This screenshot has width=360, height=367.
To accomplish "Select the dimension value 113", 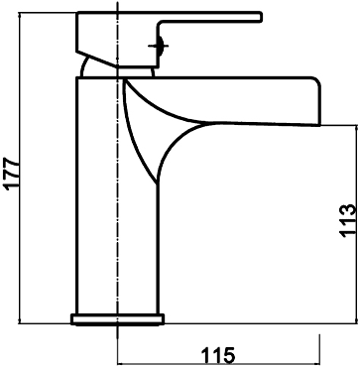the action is click(347, 221).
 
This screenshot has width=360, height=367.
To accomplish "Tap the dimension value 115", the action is click(218, 356).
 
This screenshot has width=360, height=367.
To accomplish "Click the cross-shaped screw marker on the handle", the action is click(159, 46).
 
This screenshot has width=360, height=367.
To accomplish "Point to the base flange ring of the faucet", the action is click(118, 319).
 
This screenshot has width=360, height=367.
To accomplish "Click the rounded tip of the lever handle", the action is click(261, 17).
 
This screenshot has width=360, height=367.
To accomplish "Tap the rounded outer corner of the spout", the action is click(316, 82).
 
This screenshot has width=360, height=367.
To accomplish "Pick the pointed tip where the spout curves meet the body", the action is click(157, 183).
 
